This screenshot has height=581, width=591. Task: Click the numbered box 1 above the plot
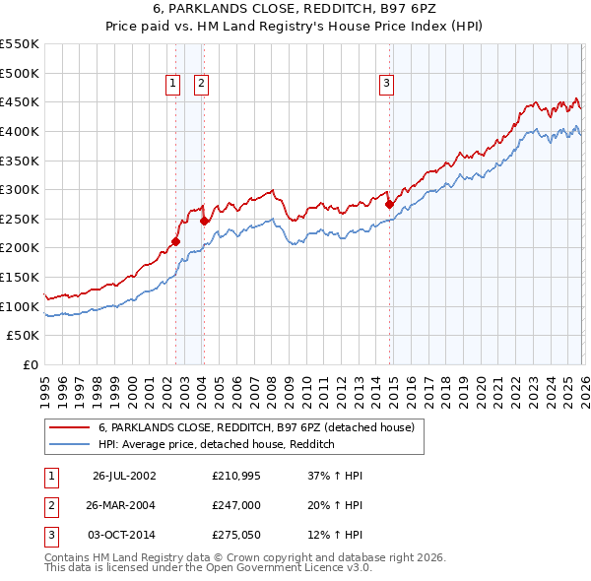[x=173, y=85]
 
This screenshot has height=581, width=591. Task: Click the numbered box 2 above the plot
[x=201, y=85]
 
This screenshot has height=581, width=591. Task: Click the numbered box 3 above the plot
[x=387, y=85]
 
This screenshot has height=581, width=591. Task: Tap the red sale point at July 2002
[x=176, y=241]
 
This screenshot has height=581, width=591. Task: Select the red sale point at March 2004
[x=204, y=221]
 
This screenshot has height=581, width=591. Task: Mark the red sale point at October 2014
[x=389, y=205]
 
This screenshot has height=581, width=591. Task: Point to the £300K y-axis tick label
[x=20, y=189]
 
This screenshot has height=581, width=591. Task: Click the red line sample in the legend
[x=69, y=428]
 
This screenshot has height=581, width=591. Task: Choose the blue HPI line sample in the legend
[x=69, y=445]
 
